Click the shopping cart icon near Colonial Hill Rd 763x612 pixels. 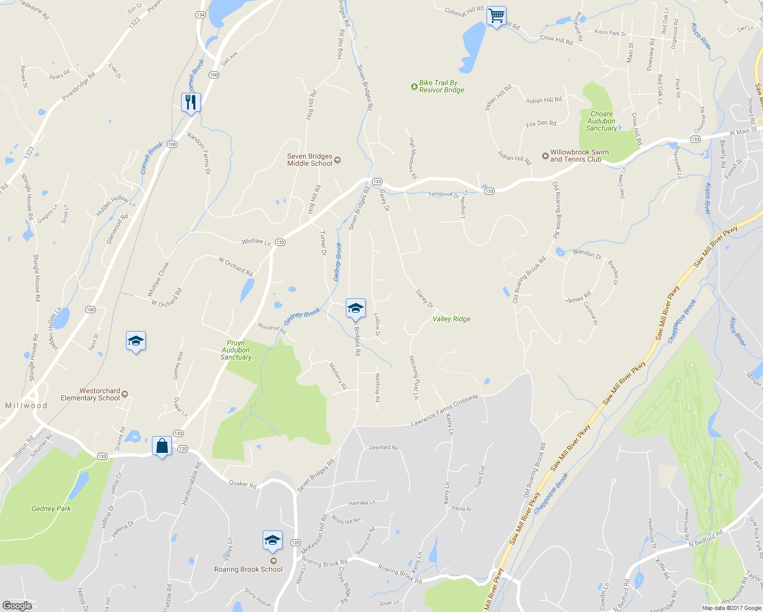(496, 16)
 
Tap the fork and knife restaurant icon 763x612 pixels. (191, 103)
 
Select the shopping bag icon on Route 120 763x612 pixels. (162, 446)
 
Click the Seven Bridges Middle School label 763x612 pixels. (310, 160)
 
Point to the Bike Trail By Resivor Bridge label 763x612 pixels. (441, 86)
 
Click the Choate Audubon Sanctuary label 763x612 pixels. (601, 121)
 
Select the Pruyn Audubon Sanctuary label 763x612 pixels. (236, 350)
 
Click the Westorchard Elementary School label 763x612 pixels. (90, 394)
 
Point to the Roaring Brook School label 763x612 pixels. (248, 569)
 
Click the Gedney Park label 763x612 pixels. (51, 508)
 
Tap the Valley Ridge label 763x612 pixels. (451, 319)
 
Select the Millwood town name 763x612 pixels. (26, 405)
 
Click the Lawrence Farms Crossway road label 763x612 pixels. (444, 410)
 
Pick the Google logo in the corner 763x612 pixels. (17, 606)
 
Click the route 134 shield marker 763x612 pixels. (201, 15)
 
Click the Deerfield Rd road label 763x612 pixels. (384, 447)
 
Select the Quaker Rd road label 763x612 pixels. (243, 484)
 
